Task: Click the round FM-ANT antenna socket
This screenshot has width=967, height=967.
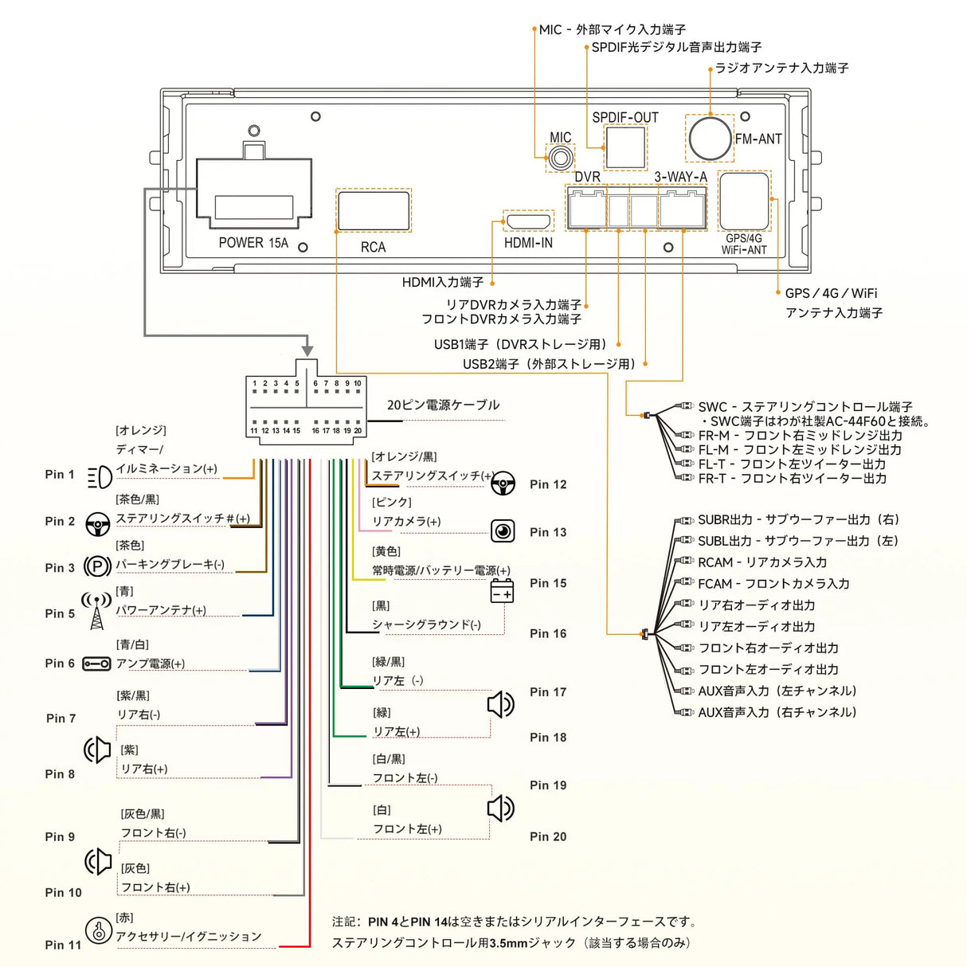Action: [x=710, y=138]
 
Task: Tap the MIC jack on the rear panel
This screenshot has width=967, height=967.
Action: [x=560, y=156]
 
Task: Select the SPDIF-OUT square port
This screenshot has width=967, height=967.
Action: [x=625, y=147]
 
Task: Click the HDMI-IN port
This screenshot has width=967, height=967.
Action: [x=528, y=221]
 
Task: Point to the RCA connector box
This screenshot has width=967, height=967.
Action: [x=374, y=210]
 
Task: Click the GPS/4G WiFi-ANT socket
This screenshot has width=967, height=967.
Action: [x=744, y=201]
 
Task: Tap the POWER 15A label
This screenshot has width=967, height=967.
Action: [x=253, y=243]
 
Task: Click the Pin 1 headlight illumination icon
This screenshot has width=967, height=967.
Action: [x=100, y=477]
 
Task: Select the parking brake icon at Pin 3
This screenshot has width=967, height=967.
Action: [x=97, y=566]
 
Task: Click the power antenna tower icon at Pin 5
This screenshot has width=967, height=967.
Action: [x=96, y=610]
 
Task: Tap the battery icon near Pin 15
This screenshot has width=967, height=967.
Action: [x=502, y=591]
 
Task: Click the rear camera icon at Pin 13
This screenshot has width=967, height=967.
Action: [x=503, y=530]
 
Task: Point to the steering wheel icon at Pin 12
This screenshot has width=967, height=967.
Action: [x=503, y=483]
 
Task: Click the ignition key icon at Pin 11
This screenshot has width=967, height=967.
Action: [x=98, y=930]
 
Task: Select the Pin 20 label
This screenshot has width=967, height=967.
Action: [x=548, y=836]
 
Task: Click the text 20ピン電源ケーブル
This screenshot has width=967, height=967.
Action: [x=443, y=405]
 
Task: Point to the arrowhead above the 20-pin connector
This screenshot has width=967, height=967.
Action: [x=307, y=350]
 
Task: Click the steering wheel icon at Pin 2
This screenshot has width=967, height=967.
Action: [x=98, y=524]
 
